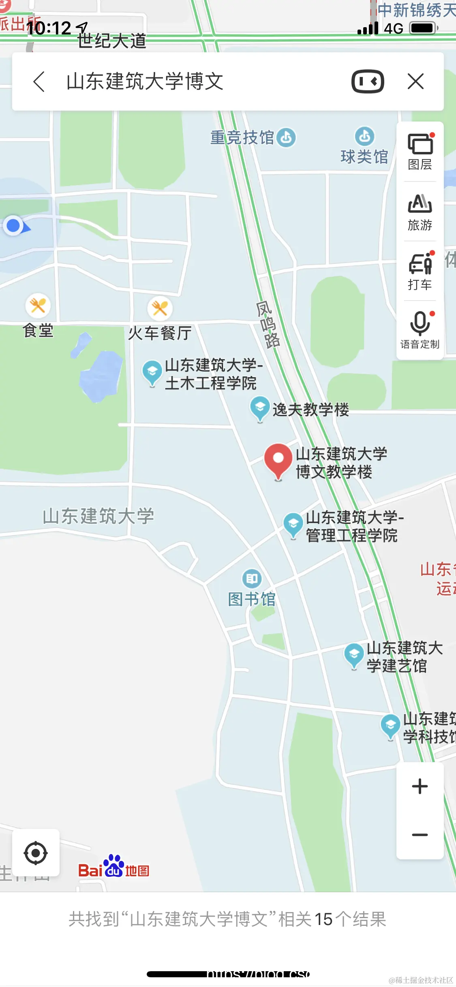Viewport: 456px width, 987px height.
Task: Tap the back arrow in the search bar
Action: coord(39,82)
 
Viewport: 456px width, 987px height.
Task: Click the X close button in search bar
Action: coord(415,81)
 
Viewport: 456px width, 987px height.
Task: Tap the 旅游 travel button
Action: coord(420,212)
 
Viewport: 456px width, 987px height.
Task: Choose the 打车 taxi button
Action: coord(420,271)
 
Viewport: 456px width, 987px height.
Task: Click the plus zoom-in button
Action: coord(420,786)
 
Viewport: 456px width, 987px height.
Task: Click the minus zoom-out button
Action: coord(420,835)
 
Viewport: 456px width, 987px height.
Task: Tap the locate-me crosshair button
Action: coord(36,853)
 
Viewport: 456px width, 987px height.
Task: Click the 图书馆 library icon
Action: coord(252,579)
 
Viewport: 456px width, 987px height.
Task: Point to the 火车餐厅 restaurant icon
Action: coord(160,308)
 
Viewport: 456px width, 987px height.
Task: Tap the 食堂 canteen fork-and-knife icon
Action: coord(38,305)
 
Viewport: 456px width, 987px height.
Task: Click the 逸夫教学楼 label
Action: coord(310,410)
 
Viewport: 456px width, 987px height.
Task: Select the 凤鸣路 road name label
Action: coord(268,325)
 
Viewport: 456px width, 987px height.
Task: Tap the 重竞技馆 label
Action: coord(242,138)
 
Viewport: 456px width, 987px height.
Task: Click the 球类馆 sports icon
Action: coord(365,137)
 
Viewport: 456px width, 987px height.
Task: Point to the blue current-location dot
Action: coord(14,226)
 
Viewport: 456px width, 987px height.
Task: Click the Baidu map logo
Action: coord(113,866)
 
